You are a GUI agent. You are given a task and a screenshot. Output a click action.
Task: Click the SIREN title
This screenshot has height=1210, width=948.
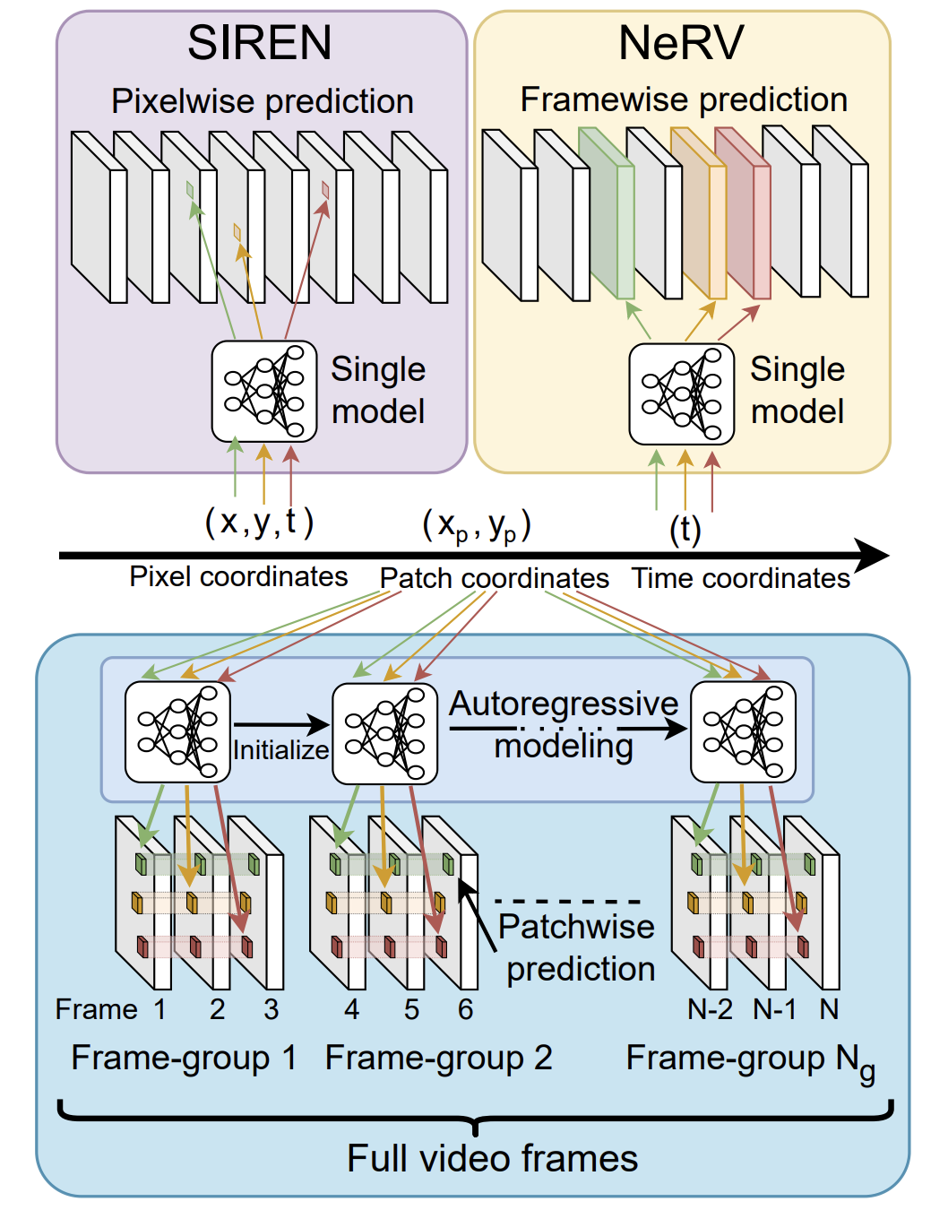coord(259,43)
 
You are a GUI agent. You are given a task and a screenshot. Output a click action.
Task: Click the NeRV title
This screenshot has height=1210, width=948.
coord(681,43)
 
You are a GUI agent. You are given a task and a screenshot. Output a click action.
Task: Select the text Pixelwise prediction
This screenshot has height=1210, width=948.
coord(262,101)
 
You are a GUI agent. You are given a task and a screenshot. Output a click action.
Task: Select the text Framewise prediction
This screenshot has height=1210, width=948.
coord(684,99)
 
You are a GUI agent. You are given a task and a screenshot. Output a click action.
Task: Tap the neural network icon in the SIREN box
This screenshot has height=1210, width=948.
coord(264,392)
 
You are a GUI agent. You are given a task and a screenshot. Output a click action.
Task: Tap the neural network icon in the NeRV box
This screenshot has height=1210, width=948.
coord(682,393)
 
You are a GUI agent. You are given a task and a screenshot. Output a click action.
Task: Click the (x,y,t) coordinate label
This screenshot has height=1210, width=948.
coord(259,522)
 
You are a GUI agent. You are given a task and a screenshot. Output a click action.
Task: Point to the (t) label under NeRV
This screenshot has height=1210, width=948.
coord(685,529)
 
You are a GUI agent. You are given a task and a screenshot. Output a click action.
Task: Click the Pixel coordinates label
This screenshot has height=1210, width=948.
coord(238,576)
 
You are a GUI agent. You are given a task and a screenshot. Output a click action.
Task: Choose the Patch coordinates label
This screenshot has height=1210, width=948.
coord(494,578)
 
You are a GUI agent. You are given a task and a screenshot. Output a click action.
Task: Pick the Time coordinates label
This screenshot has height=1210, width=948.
coord(740,578)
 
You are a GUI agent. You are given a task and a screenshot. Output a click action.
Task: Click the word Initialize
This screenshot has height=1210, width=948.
coord(280,749)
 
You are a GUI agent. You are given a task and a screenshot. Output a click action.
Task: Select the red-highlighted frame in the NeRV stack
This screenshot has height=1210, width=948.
coord(744,215)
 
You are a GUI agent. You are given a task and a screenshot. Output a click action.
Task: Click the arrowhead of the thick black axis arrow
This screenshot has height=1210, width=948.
coord(874,556)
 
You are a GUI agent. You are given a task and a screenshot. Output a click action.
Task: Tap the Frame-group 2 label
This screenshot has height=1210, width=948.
coord(438,1058)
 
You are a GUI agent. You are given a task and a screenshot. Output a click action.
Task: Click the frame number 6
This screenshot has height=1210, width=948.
coord(465,1009)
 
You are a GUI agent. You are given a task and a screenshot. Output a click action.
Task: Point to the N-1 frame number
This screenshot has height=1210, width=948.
coord(774,1009)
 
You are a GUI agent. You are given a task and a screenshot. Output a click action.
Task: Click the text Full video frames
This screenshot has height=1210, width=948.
coord(492,1158)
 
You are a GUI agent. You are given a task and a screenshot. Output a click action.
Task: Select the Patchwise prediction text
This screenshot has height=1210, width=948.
coord(579,947)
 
